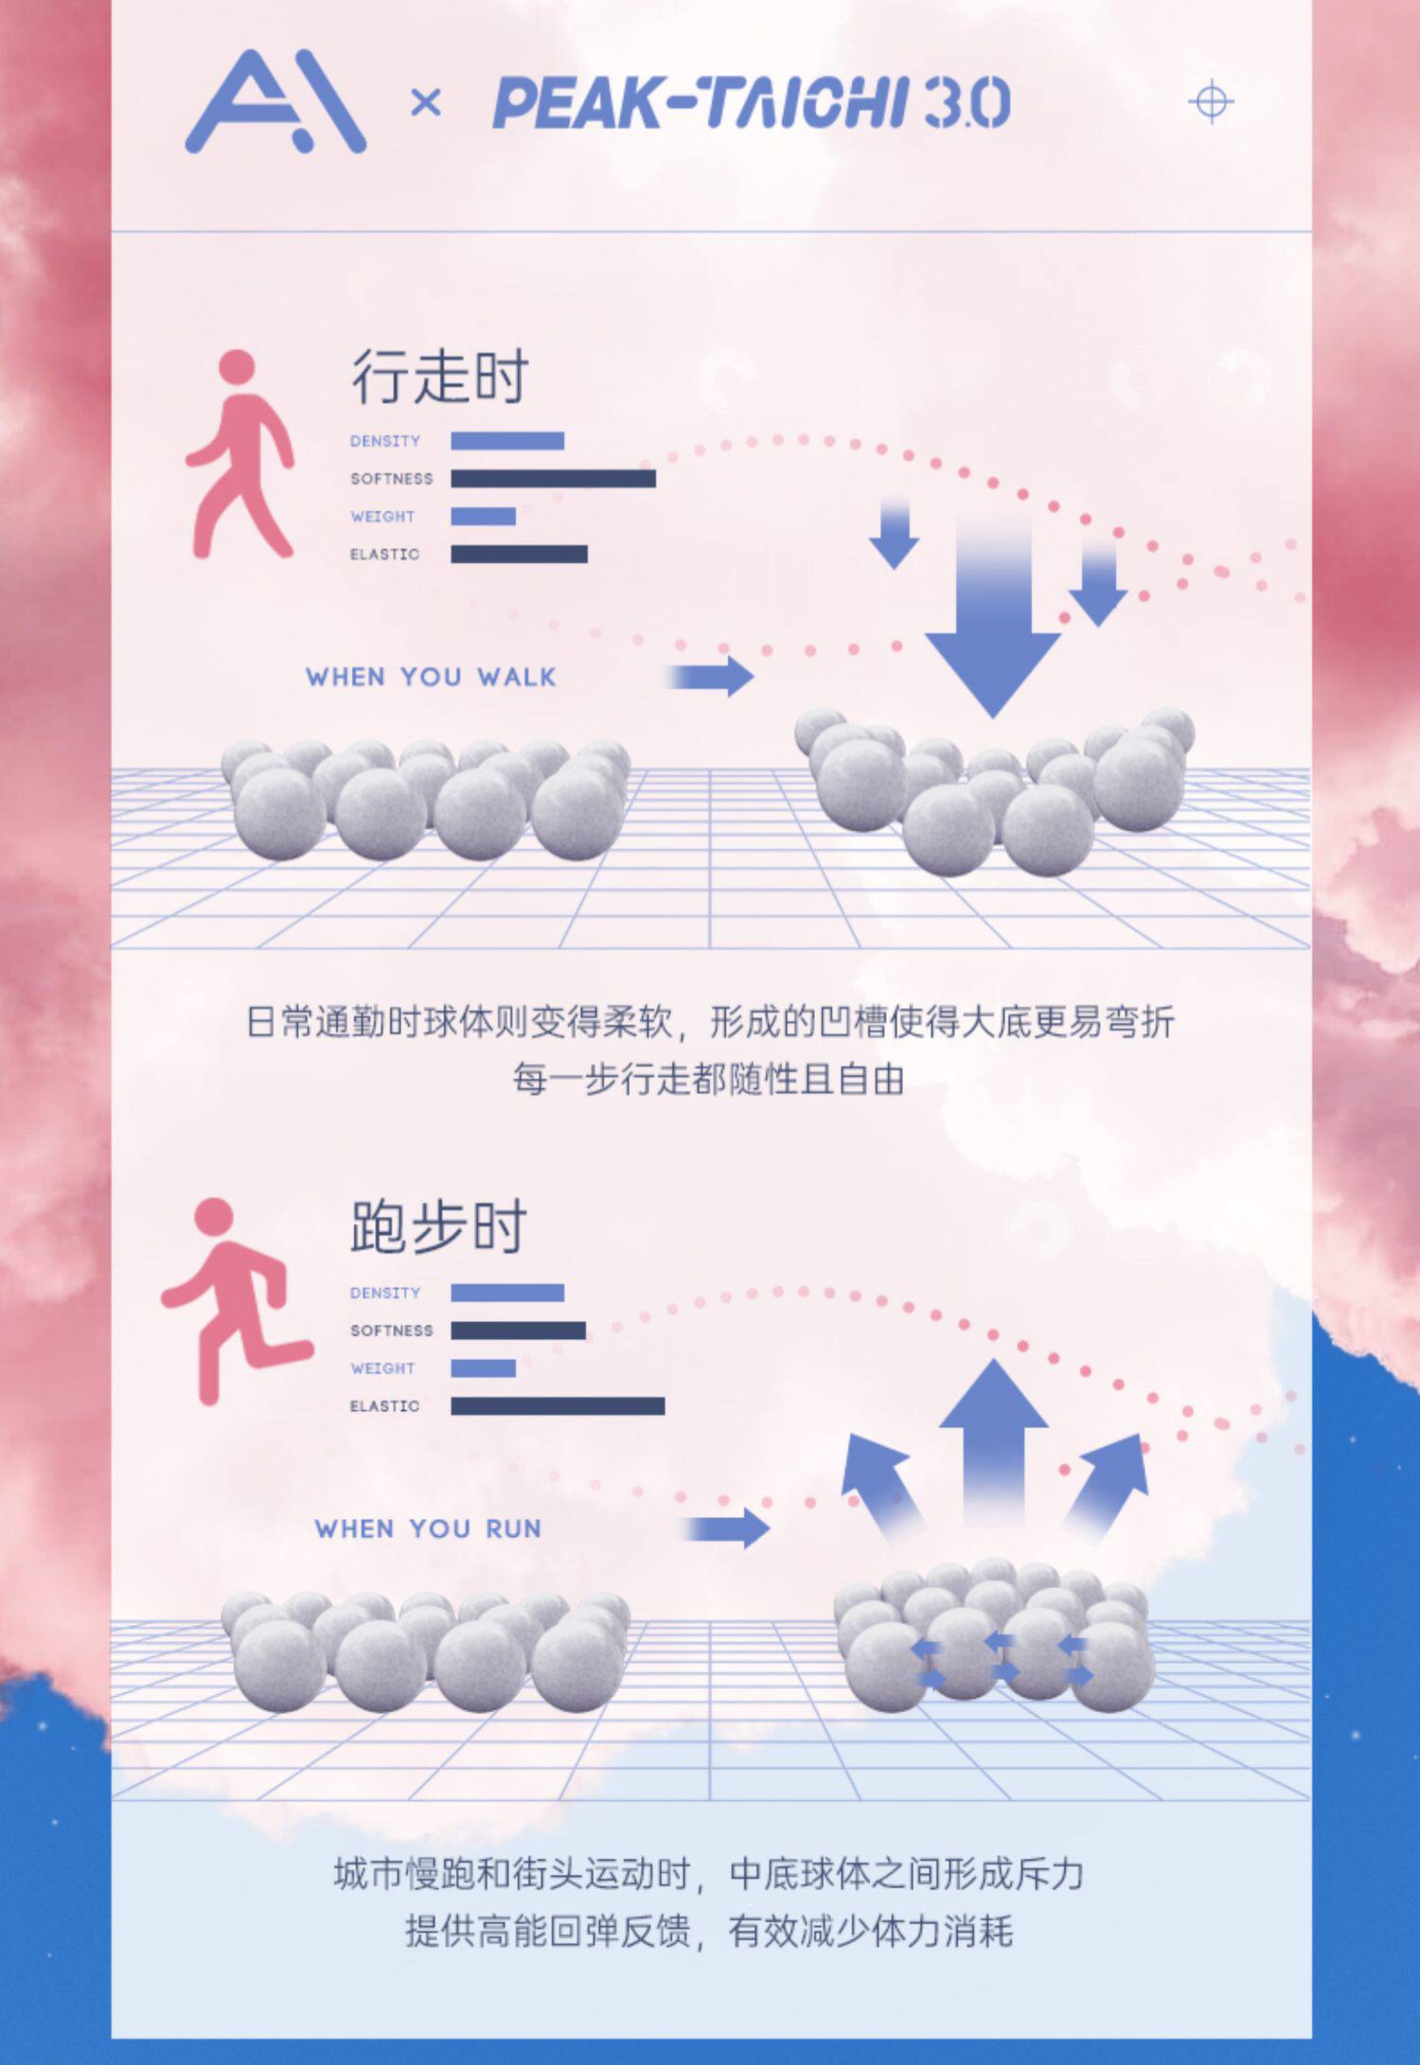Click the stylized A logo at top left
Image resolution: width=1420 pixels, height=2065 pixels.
pyautogui.click(x=275, y=102)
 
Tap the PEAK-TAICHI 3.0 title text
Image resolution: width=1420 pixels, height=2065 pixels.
pyautogui.click(x=751, y=103)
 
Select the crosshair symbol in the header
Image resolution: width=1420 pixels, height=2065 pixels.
pyautogui.click(x=1211, y=101)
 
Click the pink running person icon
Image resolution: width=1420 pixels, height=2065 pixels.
pyautogui.click(x=236, y=1300)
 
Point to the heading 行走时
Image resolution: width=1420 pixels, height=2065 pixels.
pyautogui.click(x=439, y=377)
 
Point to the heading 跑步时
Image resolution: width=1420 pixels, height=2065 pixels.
pyautogui.click(x=438, y=1227)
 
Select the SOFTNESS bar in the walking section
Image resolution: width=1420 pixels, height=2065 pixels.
pyautogui.click(x=553, y=479)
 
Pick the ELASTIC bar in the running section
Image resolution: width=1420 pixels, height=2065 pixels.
pyautogui.click(x=558, y=1406)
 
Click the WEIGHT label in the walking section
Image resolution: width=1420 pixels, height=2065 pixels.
pyautogui.click(x=382, y=517)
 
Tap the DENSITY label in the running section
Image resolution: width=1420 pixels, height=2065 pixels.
pyautogui.click(x=384, y=1293)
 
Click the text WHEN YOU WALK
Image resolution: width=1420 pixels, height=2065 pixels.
pyautogui.click(x=431, y=677)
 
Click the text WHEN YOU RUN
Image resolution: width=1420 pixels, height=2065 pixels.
pyautogui.click(x=428, y=1528)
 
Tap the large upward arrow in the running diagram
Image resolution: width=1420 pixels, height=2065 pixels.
pyautogui.click(x=993, y=1438)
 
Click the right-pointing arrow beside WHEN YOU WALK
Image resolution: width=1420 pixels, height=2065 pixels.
pyautogui.click(x=711, y=677)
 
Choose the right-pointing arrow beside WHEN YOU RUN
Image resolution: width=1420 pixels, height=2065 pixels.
pyautogui.click(x=727, y=1528)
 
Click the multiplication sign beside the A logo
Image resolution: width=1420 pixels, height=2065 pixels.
pyautogui.click(x=426, y=102)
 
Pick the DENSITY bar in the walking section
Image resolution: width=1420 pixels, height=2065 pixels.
pyautogui.click(x=507, y=441)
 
